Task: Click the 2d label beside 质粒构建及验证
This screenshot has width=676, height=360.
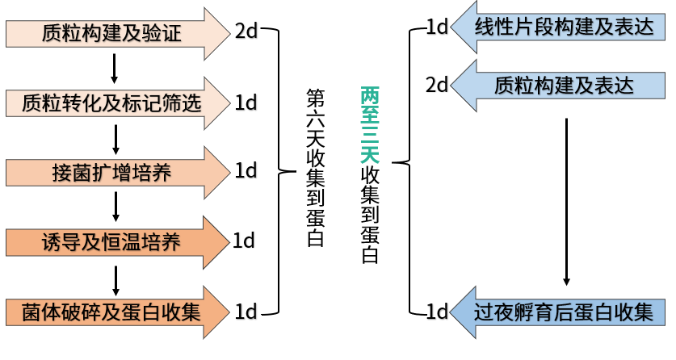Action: coord(246,32)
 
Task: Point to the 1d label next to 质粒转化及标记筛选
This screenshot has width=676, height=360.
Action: coord(246,103)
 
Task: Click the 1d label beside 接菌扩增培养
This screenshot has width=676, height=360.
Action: coord(246,171)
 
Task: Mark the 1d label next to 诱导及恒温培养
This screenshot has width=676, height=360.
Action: coord(244,241)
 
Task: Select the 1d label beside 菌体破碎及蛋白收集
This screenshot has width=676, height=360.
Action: coord(246,312)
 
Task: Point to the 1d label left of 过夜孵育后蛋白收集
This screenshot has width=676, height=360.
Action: coord(437,312)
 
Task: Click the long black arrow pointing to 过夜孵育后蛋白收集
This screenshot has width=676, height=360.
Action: coord(566,202)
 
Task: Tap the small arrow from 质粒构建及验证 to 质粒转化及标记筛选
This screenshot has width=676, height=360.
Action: coord(115,69)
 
